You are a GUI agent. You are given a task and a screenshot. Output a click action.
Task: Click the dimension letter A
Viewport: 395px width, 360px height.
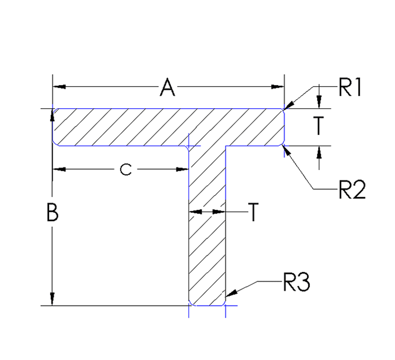click(x=168, y=88)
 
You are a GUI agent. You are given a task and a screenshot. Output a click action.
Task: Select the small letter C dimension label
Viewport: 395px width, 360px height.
click(x=126, y=170)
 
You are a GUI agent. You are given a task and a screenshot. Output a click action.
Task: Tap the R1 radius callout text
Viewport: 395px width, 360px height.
click(x=350, y=87)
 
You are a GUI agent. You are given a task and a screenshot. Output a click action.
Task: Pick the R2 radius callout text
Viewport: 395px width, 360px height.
click(x=352, y=189)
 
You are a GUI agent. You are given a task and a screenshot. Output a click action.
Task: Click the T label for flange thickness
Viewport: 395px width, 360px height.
click(x=319, y=126)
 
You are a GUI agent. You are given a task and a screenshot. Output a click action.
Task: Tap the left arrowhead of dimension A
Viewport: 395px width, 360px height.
click(x=59, y=87)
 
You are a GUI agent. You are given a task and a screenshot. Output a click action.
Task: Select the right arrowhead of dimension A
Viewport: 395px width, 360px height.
click(x=278, y=87)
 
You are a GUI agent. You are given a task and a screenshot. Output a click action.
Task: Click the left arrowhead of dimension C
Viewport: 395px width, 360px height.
click(x=59, y=169)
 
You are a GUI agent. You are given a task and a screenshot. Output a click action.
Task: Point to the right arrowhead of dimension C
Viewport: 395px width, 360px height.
click(x=182, y=169)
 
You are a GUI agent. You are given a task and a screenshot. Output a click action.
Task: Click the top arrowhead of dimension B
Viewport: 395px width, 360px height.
click(x=52, y=116)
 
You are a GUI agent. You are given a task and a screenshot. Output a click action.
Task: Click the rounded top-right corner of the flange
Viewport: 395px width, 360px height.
click(x=282, y=110)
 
